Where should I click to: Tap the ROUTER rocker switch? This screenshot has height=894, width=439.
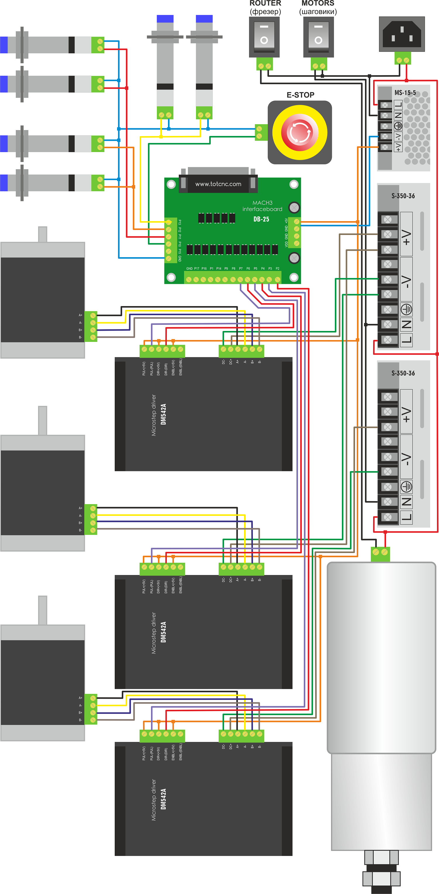click(x=264, y=36)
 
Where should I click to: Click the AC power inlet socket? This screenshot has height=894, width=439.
click(x=402, y=34)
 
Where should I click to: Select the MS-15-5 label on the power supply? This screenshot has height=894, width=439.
click(x=405, y=93)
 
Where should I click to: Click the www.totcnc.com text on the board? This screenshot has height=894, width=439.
click(x=218, y=184)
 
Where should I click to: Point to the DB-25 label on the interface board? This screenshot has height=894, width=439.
click(x=261, y=219)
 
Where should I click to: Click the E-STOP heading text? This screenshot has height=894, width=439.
click(x=300, y=95)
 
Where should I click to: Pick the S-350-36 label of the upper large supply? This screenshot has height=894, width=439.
click(x=403, y=196)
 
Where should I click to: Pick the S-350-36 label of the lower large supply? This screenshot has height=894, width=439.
click(x=403, y=373)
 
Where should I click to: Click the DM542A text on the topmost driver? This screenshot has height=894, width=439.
click(x=164, y=414)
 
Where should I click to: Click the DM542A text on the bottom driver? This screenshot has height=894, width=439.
click(x=164, y=799)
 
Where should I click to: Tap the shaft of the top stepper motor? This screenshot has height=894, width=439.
click(x=43, y=234)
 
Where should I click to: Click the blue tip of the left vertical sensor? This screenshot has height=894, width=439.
click(x=165, y=19)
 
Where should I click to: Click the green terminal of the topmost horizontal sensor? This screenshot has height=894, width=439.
click(x=98, y=45)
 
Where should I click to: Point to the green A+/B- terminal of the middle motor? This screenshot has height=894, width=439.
click(x=91, y=519)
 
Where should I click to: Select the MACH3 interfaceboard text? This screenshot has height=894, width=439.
click(x=262, y=206)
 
